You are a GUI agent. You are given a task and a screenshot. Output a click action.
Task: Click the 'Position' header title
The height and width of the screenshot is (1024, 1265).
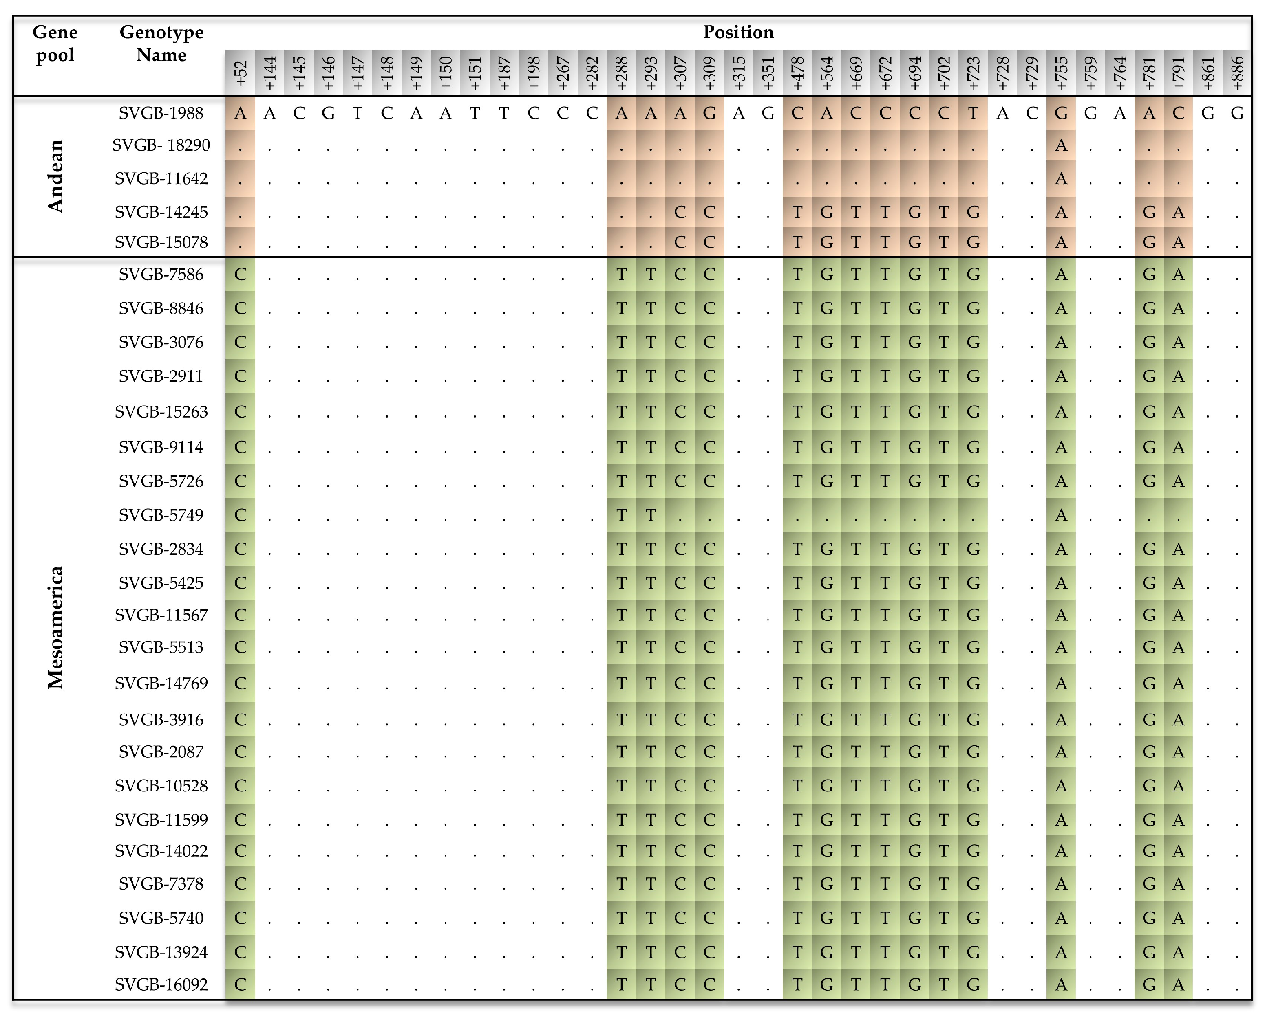738,33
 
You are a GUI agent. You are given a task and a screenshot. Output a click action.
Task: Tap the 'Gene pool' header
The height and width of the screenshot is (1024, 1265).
55,44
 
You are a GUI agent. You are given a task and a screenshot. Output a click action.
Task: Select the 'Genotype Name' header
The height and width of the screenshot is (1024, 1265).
161,44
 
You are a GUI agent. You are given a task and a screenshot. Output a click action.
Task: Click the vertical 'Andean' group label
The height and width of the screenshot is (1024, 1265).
55,176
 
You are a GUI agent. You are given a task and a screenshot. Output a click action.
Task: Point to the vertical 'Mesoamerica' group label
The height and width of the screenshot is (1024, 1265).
55,627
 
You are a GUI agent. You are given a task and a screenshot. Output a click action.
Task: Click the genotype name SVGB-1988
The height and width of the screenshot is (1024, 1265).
161,113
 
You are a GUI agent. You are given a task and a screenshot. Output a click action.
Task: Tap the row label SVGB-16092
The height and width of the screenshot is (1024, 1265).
161,984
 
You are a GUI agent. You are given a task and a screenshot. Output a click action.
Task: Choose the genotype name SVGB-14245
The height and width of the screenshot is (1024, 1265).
161,212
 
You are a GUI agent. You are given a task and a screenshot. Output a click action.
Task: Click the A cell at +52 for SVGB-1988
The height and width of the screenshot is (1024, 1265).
240,113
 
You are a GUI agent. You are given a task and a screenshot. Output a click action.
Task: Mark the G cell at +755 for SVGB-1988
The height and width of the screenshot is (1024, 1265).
1061,113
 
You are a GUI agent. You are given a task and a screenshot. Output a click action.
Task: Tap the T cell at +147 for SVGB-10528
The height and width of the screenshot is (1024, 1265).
358,786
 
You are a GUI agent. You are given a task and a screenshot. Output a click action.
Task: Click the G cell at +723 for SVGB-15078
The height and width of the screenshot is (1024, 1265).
973,242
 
